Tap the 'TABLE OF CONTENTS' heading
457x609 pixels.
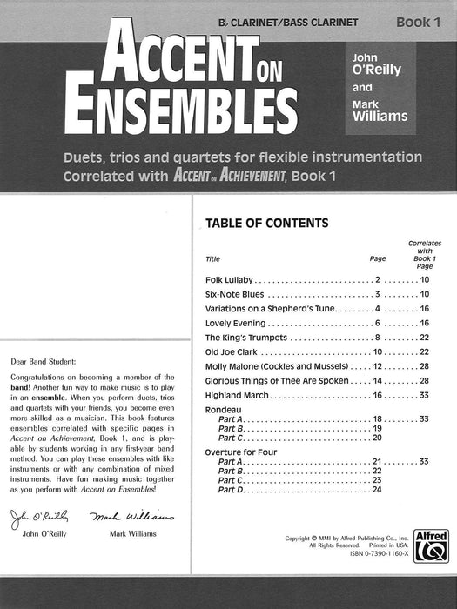tap(266, 223)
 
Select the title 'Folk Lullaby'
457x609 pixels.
tap(229, 279)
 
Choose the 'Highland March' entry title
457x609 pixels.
tap(237, 395)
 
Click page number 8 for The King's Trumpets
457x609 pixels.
tap(377, 338)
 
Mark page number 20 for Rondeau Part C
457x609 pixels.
tap(377, 438)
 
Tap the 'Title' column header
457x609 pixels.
tap(213, 259)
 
